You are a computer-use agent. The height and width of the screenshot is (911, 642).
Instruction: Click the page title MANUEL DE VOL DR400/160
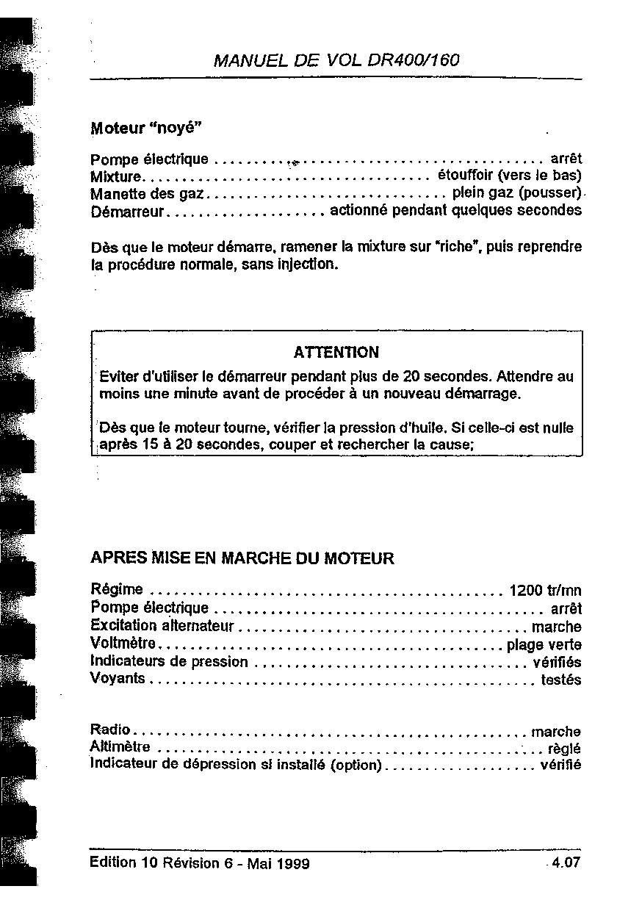(x=336, y=60)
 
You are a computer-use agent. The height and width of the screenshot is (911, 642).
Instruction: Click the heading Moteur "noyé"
(x=146, y=128)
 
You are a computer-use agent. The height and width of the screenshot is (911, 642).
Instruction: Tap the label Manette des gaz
(x=147, y=194)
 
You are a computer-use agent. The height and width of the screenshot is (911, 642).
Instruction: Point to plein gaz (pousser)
(x=516, y=193)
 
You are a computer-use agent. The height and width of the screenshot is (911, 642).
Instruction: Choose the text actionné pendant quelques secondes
(x=455, y=210)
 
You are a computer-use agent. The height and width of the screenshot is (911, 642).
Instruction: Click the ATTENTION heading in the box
(x=336, y=353)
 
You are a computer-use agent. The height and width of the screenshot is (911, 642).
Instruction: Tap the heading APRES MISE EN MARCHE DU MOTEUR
(x=242, y=558)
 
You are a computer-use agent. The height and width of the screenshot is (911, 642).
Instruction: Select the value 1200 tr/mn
(x=545, y=590)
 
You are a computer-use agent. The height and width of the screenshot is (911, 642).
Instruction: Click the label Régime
(x=116, y=589)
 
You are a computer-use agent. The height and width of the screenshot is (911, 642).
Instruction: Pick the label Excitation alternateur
(x=162, y=626)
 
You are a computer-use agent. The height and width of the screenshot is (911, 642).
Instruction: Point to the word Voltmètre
(x=123, y=644)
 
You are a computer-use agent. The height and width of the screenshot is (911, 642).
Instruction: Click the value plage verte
(x=544, y=645)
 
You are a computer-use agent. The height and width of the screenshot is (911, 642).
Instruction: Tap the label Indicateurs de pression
(x=169, y=662)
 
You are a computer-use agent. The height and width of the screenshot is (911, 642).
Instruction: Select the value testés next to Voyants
(x=560, y=680)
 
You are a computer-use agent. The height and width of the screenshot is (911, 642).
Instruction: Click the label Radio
(x=109, y=730)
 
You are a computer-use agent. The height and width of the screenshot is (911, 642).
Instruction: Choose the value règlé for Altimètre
(x=564, y=749)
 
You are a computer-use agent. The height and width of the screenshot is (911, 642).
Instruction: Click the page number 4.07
(x=566, y=863)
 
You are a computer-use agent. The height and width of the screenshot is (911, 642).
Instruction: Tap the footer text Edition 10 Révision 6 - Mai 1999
(x=199, y=863)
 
